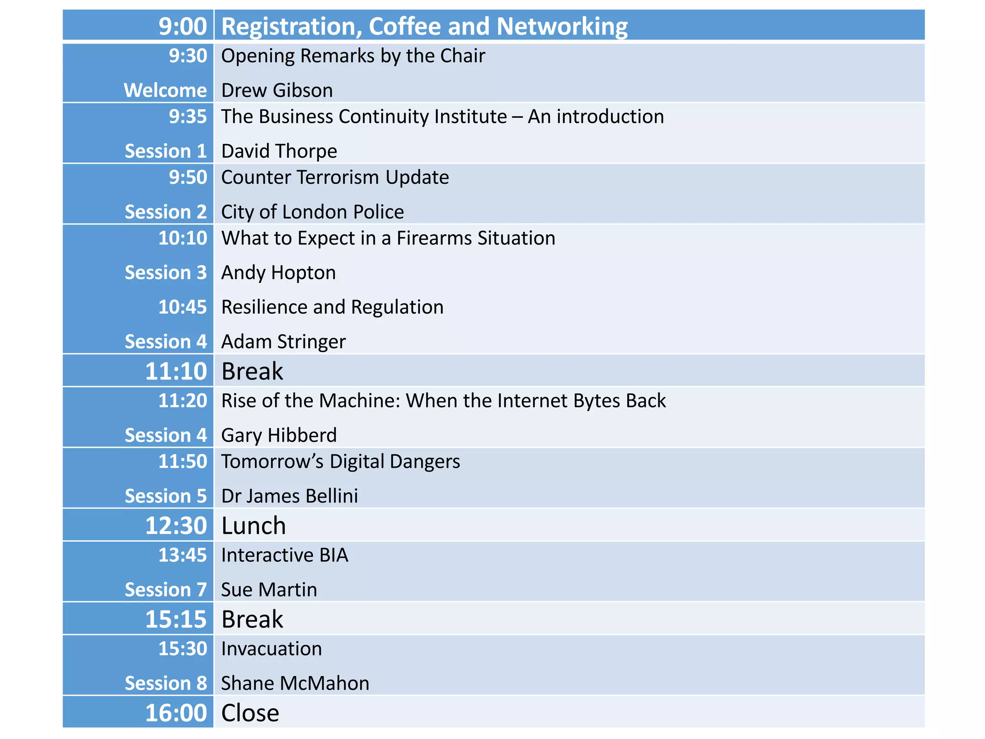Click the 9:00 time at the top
pos(183,26)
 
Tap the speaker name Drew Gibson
pos(277,90)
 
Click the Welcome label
pos(165,90)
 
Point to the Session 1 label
pos(165,151)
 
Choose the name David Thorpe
pos(279,151)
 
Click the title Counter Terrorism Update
pos(335,178)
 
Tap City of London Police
pos(313,212)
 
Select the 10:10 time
pos(183,238)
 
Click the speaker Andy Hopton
pos(278,273)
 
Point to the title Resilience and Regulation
pos(332,307)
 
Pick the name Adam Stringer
pos(283,342)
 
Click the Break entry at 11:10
pos(252,371)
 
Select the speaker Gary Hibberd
pos(279,435)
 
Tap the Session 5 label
pos(165,496)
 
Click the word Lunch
pos(253,525)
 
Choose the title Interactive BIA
pos(285,555)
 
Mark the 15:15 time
pos(176,619)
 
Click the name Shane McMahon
pos(295,683)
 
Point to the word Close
pos(250,713)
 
